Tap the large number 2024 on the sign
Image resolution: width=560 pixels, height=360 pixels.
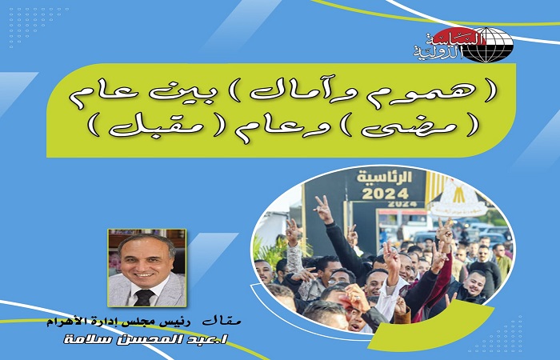[386, 194]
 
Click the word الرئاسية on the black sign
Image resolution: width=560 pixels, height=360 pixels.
[384, 177]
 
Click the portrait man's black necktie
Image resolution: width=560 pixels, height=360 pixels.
[145, 297]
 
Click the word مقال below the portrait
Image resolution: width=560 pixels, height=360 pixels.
[222, 322]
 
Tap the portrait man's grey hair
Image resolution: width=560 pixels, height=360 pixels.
[146, 241]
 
